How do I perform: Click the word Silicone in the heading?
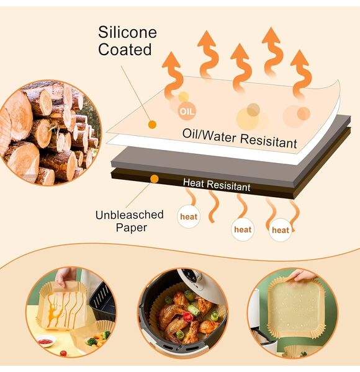(x=127, y=32)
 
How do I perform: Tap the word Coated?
(x=125, y=50)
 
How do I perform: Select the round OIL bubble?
(x=187, y=111)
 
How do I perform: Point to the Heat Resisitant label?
(x=217, y=185)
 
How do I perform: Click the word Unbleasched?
(x=130, y=215)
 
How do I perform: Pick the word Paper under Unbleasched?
(x=132, y=228)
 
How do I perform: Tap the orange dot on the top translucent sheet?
(x=152, y=125)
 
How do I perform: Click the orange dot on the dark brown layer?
(x=155, y=179)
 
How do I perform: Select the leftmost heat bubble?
(x=189, y=216)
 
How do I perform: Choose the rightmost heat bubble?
(x=281, y=230)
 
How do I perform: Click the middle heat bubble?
(x=243, y=229)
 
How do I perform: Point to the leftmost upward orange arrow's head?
(x=172, y=60)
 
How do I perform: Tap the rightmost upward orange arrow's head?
(x=300, y=58)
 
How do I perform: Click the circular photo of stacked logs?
(x=50, y=133)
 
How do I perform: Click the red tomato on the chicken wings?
(x=188, y=316)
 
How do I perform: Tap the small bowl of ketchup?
(x=46, y=342)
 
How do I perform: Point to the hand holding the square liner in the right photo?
(x=305, y=275)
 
